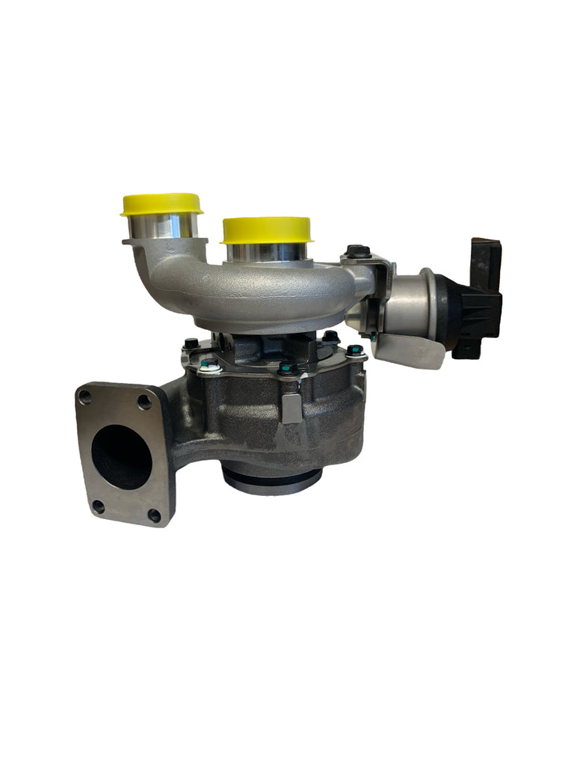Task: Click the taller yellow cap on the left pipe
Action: click(161, 203)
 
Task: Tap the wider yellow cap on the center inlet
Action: click(266, 229)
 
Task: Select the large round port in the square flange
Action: click(121, 456)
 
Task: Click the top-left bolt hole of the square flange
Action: click(86, 396)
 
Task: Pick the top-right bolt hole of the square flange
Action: click(144, 402)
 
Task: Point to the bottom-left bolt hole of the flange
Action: click(98, 506)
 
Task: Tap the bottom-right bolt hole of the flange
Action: click(154, 515)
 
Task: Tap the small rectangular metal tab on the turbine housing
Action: click(292, 408)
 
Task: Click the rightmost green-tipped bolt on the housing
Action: click(354, 350)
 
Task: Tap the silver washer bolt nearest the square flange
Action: click(210, 366)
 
